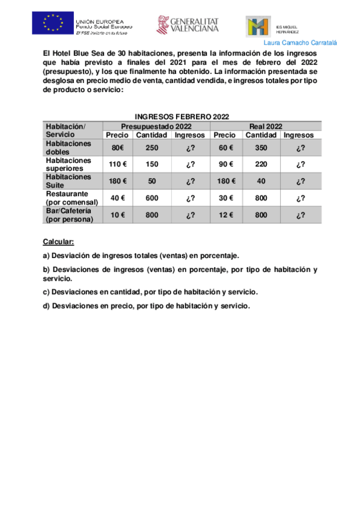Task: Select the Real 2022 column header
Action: click(266, 126)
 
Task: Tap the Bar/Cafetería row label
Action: click(69, 215)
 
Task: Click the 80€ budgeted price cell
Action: click(117, 148)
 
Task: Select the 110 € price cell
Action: click(117, 164)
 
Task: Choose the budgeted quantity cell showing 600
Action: click(151, 198)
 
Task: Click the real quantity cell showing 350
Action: click(261, 148)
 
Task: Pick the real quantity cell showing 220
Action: click(261, 164)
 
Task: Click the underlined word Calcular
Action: click(58, 241)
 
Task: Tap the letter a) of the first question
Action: click(46, 255)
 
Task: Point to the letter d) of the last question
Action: click(46, 306)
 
